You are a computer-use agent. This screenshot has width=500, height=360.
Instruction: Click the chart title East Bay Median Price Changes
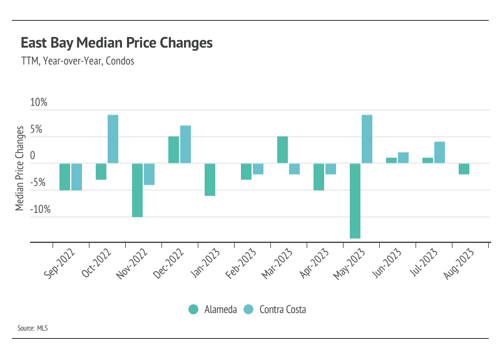tap(116, 43)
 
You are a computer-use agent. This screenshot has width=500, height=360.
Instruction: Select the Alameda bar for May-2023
tap(355, 200)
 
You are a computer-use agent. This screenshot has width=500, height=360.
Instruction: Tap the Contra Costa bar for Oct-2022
tap(113, 139)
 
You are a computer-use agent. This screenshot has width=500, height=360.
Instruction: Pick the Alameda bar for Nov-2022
tap(137, 190)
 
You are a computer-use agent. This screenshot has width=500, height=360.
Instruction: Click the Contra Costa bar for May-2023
tap(367, 139)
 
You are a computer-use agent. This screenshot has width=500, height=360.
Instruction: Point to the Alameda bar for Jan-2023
tap(210, 179)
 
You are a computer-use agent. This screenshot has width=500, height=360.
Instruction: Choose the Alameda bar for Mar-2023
tap(282, 150)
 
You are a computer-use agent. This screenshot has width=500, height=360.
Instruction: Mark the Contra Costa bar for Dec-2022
tap(185, 144)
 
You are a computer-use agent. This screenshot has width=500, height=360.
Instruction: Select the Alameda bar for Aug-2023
tap(464, 168)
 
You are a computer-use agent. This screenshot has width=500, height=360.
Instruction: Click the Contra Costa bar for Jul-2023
tap(439, 152)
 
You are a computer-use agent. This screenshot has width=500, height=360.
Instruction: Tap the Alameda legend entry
tap(213, 309)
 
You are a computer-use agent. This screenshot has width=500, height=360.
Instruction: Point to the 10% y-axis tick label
tap(39, 103)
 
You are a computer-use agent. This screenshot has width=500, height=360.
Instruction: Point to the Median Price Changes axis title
tap(20, 168)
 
